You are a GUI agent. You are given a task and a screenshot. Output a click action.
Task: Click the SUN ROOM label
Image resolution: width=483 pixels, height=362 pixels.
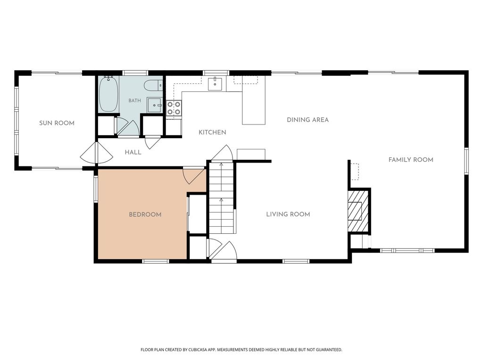coord(57,123)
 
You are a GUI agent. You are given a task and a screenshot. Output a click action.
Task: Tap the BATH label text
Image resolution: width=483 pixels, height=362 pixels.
coord(134,101)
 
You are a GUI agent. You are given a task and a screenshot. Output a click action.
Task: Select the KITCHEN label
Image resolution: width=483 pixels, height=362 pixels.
coord(212,132)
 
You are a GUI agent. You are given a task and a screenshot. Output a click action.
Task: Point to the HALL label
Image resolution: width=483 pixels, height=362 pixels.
coord(133,152)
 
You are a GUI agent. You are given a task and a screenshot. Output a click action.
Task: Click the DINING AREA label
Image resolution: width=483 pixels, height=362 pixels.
coord(308,120)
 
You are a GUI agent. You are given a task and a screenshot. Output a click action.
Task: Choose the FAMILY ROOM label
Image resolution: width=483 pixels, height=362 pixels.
coord(411,160)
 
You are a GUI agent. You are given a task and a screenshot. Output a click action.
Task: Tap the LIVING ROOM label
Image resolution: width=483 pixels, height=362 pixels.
coord(288,214)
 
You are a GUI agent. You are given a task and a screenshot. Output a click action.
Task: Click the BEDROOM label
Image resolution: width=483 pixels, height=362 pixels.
coord(145,214)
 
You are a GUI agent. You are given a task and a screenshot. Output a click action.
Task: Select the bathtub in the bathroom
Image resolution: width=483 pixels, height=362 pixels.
coord(108,94)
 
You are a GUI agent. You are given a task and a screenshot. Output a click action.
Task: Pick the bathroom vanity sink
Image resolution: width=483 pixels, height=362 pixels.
coord(155,105)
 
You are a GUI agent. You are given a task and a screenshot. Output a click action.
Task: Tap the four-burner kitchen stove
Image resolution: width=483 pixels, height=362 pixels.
coord(174,108)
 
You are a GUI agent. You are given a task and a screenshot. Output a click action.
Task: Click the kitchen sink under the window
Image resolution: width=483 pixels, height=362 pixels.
coord(215,84)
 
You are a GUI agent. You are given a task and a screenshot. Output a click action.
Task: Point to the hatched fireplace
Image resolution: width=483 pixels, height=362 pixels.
coord(358,211)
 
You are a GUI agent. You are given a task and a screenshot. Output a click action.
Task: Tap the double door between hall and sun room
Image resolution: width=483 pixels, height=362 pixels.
coord(96,153)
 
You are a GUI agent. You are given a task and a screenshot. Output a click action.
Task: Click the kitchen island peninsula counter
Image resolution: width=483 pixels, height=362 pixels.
coord(253,100)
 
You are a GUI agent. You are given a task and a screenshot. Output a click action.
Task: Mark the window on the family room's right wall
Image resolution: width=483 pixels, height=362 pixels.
coord(466,161)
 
